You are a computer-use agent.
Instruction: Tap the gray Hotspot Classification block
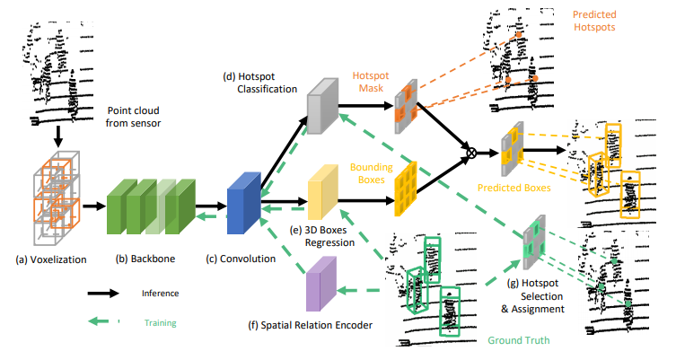[x=320, y=103]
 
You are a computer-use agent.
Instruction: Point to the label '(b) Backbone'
[x=145, y=259]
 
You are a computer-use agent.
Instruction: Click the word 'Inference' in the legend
[x=159, y=293]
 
